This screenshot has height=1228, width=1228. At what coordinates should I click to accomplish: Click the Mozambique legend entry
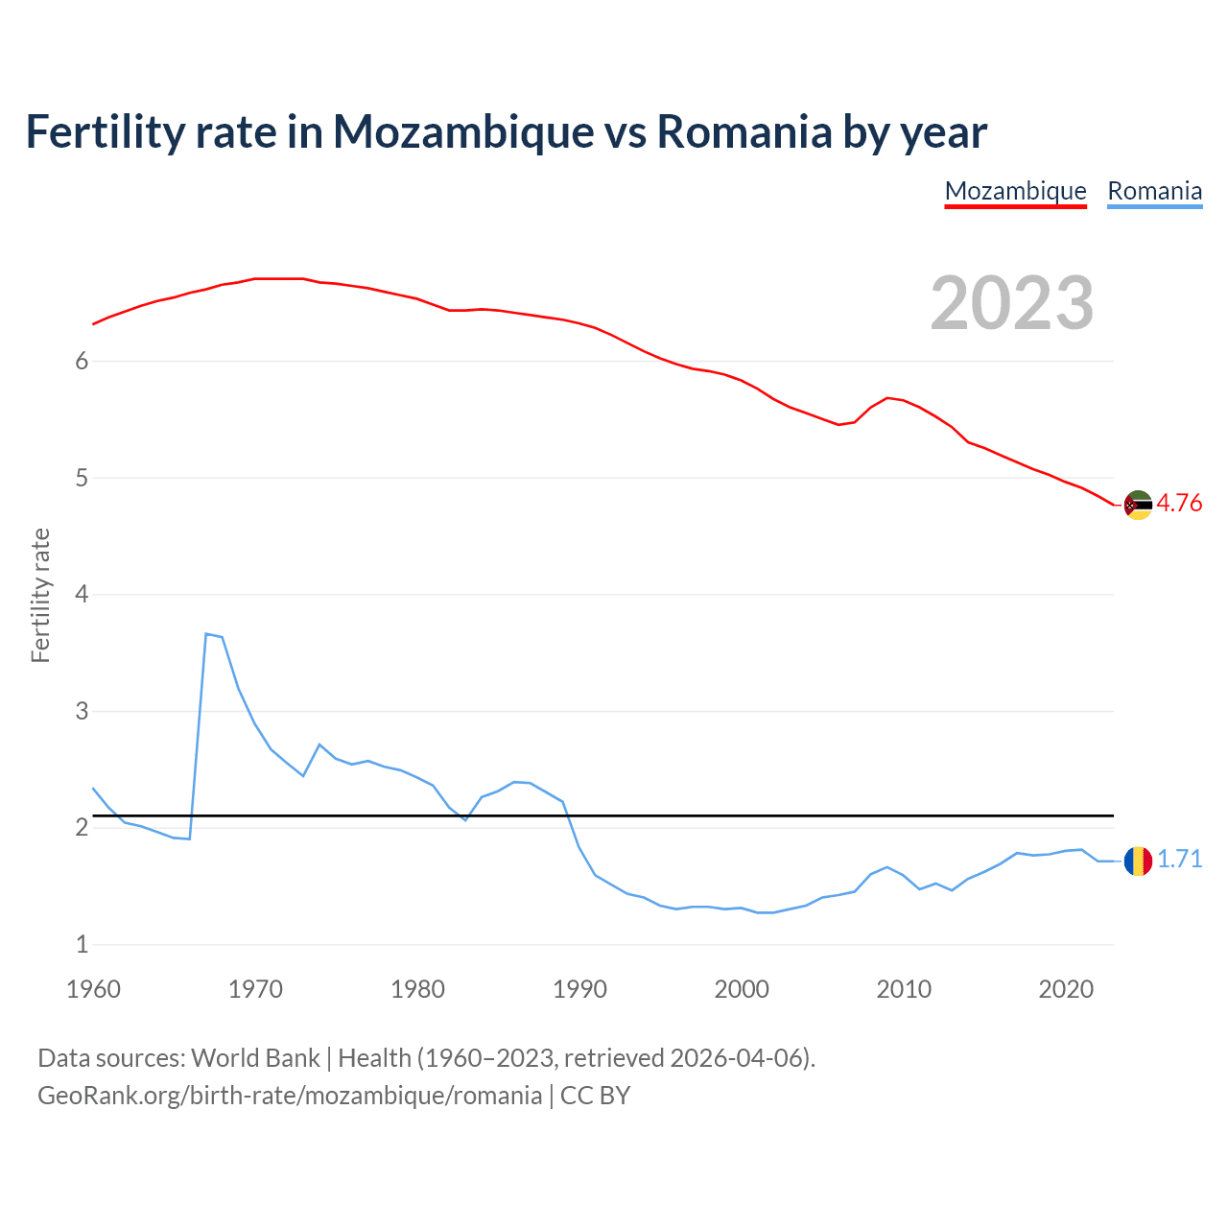coord(1015,191)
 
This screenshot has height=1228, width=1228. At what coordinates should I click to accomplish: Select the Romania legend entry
coord(1154,191)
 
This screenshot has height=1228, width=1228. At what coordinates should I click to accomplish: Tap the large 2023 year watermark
coord(1012,303)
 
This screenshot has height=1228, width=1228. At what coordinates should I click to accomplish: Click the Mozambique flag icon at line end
coord(1138,505)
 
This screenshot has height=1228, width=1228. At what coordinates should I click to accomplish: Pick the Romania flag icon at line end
coord(1138,862)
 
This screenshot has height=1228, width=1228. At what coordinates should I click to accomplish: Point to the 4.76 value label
coord(1179,504)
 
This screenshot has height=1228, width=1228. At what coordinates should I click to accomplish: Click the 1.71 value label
coord(1179,860)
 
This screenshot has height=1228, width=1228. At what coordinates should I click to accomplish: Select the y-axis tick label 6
coord(82,362)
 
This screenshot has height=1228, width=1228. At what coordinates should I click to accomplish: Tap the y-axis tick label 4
coord(82,595)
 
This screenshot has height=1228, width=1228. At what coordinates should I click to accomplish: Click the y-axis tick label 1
coord(82,945)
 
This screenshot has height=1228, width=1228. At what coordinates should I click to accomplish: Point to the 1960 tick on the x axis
coord(93,989)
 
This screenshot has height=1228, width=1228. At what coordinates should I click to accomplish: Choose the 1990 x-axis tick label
coord(579,989)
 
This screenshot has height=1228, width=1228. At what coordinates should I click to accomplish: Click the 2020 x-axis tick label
coord(1066,989)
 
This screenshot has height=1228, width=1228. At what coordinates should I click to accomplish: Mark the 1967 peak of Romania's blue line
coord(206,633)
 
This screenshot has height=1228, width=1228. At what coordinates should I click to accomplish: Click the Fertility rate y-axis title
coord(40,595)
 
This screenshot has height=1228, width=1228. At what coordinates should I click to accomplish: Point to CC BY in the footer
coord(595,1096)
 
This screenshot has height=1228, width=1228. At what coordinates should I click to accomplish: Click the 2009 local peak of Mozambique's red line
coord(887,397)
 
